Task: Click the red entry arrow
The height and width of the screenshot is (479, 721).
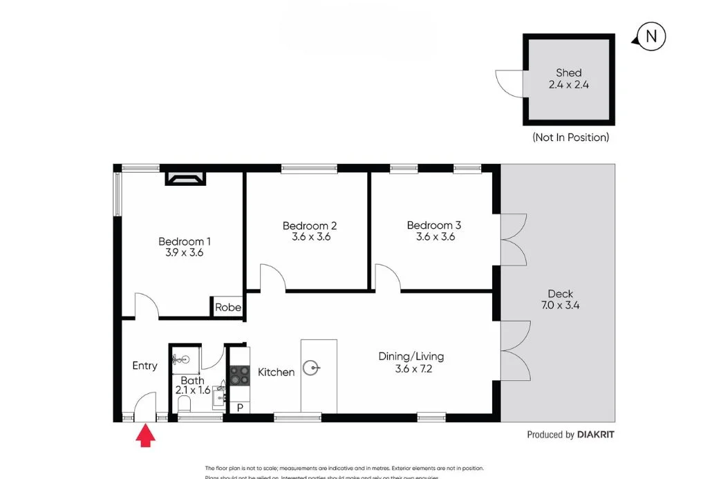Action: click(145, 436)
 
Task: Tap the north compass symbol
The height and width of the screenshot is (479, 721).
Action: click(650, 37)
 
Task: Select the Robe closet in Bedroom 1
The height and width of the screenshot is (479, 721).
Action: click(227, 308)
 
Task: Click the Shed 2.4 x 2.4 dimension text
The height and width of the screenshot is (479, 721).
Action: click(568, 85)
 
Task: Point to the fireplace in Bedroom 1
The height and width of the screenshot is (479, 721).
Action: click(185, 180)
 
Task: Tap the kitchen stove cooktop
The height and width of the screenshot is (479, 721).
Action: click(239, 375)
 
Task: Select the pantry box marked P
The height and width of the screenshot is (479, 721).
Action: click(239, 408)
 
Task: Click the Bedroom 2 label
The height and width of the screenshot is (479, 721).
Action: click(309, 225)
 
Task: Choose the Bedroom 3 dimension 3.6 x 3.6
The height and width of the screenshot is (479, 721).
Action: click(433, 236)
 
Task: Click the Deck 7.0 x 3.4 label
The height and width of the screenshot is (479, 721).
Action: click(559, 299)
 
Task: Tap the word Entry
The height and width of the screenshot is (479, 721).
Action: click(144, 366)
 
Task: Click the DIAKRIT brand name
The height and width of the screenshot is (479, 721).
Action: click(595, 435)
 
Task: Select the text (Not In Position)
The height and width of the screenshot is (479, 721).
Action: click(570, 137)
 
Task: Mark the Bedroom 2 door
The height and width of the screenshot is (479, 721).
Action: click(272, 278)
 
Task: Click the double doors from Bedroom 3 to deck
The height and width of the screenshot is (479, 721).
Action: click(513, 239)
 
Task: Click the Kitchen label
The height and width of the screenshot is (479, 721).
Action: click(276, 372)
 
